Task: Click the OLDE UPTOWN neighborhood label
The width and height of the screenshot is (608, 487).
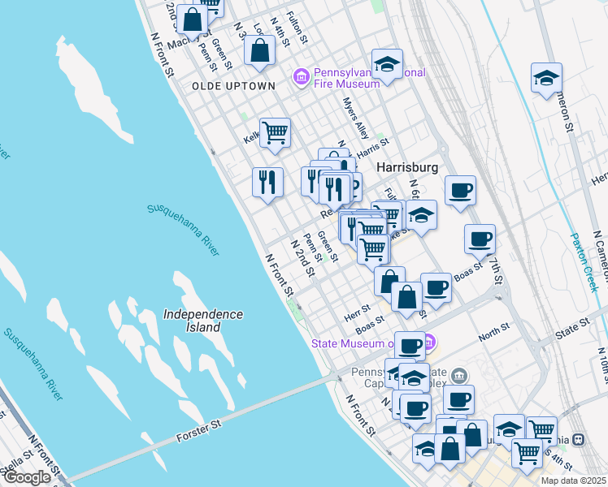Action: (x=223, y=86)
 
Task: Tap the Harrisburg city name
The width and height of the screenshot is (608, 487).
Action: (x=408, y=167)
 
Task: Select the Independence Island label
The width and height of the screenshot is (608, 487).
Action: (x=202, y=321)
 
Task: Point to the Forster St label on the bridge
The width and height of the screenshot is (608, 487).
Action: (x=199, y=430)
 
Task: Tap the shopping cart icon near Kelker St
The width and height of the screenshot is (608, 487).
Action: (x=276, y=131)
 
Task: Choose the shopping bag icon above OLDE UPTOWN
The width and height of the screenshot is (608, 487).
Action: (x=259, y=50)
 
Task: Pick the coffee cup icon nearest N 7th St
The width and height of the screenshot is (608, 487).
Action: (x=480, y=239)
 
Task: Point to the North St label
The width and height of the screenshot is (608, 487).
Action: (x=493, y=330)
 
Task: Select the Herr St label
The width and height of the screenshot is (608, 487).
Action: (x=357, y=309)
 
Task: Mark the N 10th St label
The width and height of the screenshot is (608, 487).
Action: (x=601, y=360)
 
